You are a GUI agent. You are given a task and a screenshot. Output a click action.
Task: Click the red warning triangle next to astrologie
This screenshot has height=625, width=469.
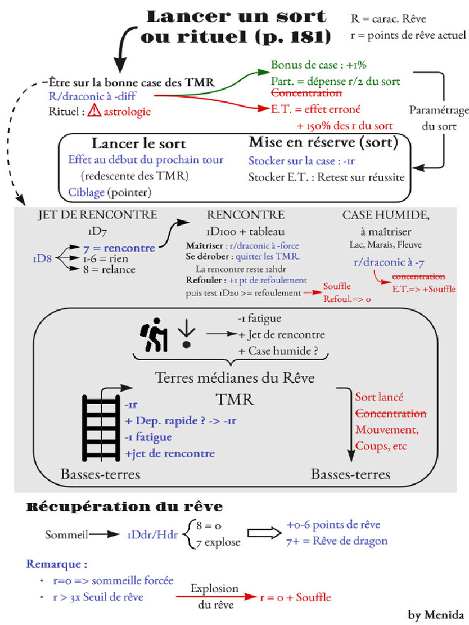pyautogui.click(x=94, y=111)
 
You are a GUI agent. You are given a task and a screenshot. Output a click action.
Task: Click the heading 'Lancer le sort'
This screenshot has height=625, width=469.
pyautogui.click(x=139, y=143)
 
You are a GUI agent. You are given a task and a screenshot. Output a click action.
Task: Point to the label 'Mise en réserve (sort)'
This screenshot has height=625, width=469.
pyautogui.click(x=323, y=143)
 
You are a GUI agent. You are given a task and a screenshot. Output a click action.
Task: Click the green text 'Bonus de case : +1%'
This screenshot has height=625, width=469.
pyautogui.click(x=318, y=65)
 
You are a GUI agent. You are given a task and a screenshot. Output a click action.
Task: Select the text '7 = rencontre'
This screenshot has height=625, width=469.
pyautogui.click(x=119, y=248)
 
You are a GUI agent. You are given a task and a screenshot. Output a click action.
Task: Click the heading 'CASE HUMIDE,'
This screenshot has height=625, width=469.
pyautogui.click(x=386, y=215)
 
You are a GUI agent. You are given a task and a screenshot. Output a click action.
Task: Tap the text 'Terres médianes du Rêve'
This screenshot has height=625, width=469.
pyautogui.click(x=235, y=378)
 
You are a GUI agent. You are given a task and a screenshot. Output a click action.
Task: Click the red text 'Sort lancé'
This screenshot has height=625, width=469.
pyautogui.click(x=379, y=397)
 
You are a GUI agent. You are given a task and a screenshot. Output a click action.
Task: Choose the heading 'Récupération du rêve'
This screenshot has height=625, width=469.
pyautogui.click(x=124, y=507)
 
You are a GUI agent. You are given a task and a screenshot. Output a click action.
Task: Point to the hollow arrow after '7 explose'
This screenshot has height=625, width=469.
pyautogui.click(x=261, y=534)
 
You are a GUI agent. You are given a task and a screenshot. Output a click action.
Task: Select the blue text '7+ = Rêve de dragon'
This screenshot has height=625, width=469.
pyautogui.click(x=336, y=541)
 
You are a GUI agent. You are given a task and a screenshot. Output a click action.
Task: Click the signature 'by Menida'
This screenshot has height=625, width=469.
pyautogui.click(x=436, y=614)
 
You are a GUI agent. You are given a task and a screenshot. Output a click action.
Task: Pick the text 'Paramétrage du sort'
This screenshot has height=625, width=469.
pyautogui.click(x=438, y=118)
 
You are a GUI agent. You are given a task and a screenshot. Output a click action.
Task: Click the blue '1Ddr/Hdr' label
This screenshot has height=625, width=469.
pyautogui.click(x=152, y=535)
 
